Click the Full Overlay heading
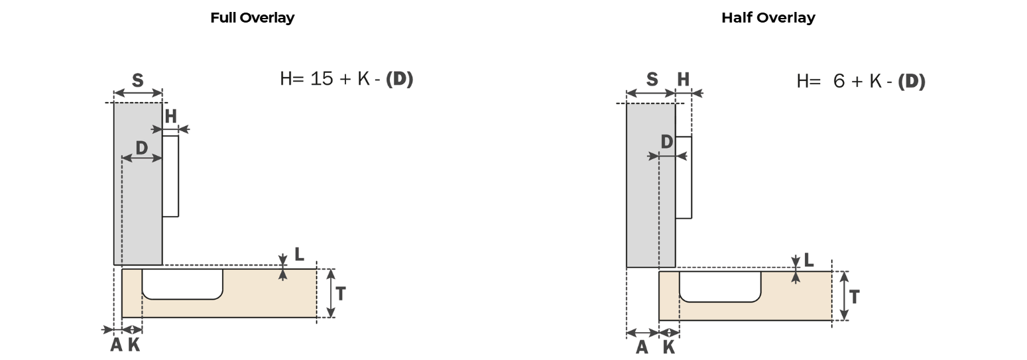252,18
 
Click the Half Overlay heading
768,18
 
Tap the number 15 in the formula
322,79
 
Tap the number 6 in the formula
839,81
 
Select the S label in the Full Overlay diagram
137,81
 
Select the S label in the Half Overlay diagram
652,80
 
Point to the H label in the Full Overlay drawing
170,117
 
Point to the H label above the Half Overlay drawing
683,80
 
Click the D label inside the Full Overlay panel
142,148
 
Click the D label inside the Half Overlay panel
666,142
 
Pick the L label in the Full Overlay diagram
299,254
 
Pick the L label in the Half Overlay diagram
809,260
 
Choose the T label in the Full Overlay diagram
340,294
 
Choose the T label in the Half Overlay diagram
854,297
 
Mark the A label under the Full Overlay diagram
117,344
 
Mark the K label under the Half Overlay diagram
669,347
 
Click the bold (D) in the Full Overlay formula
399,79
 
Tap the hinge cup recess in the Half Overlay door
720,286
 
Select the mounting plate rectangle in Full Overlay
170,176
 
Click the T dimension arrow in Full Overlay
331,294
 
